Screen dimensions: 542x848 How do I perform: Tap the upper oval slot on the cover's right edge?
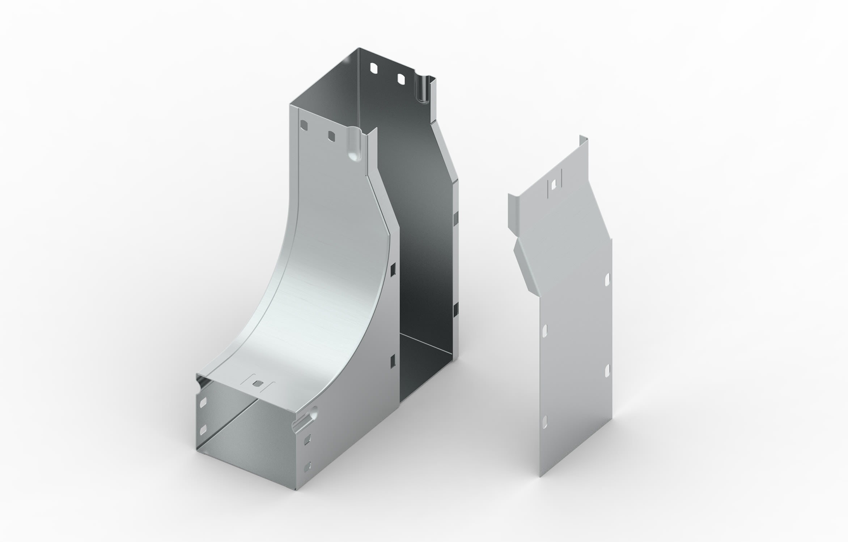[607, 278]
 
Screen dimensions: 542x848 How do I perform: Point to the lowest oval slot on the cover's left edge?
[545, 420]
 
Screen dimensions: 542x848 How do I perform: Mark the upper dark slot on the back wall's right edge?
[455, 218]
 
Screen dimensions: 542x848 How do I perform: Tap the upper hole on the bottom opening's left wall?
[203, 401]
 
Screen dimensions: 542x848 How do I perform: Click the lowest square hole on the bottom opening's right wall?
[308, 466]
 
